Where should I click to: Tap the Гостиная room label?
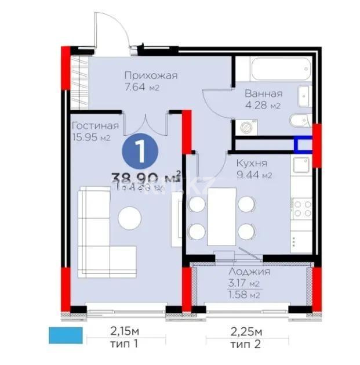point(95,126)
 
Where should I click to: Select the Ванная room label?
point(263,93)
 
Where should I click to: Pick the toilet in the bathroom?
point(297,121)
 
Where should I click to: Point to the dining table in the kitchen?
point(222,218)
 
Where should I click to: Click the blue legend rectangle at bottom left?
point(66,335)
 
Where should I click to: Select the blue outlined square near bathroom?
point(302,143)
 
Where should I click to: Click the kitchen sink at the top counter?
point(301,165)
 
